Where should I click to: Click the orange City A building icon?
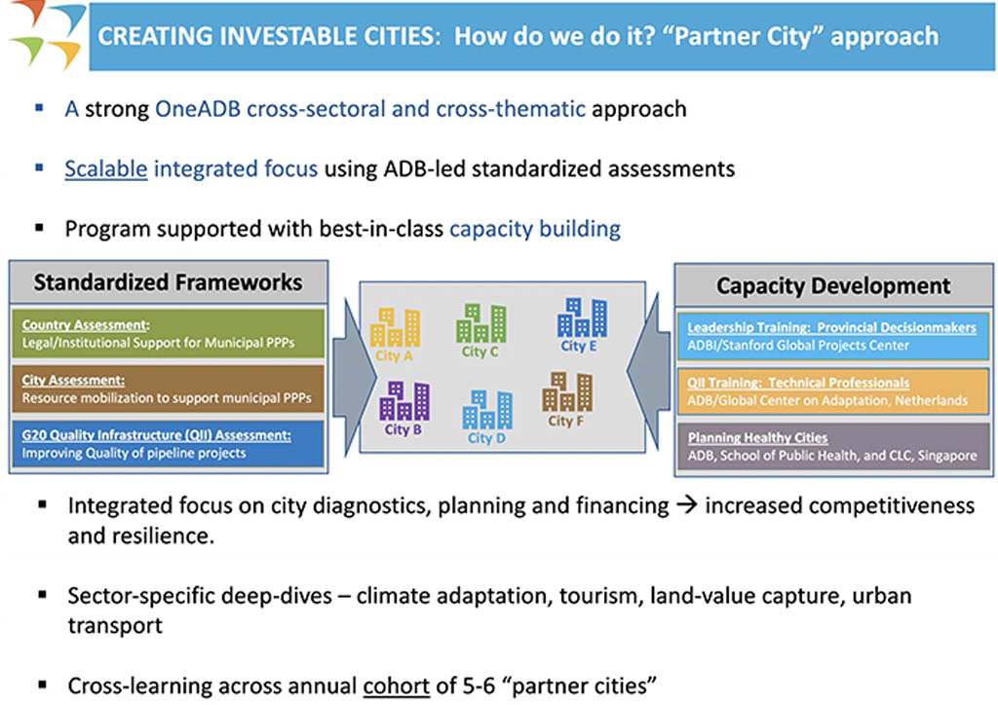pos(397,327)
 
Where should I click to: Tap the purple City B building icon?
pos(403,400)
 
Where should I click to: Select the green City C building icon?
pos(481,322)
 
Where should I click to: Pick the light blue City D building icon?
pos(487,410)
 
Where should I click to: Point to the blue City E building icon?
pos(581,317)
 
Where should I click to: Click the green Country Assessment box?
pos(169,334)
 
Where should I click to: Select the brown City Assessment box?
pos(169,389)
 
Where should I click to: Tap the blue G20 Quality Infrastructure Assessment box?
pos(169,443)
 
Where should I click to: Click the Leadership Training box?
pos(832,336)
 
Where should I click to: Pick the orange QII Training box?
pos(832,390)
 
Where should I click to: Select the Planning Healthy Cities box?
pos(832,446)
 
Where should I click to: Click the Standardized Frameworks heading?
pos(168,283)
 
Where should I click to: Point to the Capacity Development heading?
pos(832,286)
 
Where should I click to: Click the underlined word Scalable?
pos(105,168)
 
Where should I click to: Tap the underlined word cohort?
pos(396,685)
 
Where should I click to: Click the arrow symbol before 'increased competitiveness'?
pos(688,505)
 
